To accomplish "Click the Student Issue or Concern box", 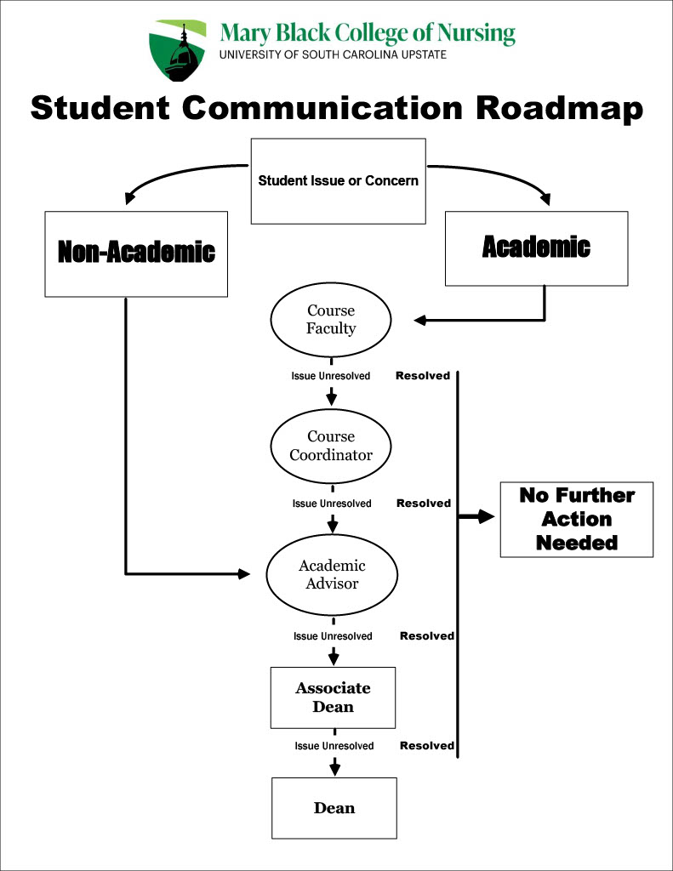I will pyautogui.click(x=338, y=181).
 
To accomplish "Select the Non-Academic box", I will pyautogui.click(x=136, y=253).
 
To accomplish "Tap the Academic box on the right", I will pyautogui.click(x=536, y=248).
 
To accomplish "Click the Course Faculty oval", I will pyautogui.click(x=331, y=320).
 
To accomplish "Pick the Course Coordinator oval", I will pyautogui.click(x=331, y=446).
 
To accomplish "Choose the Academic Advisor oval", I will pyautogui.click(x=332, y=574).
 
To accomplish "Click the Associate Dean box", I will pyautogui.click(x=333, y=697).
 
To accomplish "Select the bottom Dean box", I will pyautogui.click(x=334, y=808).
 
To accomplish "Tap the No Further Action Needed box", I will pyautogui.click(x=577, y=519).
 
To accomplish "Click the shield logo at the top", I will pyautogui.click(x=178, y=50).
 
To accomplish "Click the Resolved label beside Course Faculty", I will pyautogui.click(x=422, y=375).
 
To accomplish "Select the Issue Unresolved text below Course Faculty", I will pyautogui.click(x=331, y=376).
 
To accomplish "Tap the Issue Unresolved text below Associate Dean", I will pyautogui.click(x=334, y=746).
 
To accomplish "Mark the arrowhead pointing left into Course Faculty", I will pyautogui.click(x=419, y=321).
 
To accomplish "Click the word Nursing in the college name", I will pyautogui.click(x=476, y=34).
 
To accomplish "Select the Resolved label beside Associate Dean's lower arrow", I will pyautogui.click(x=427, y=746).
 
